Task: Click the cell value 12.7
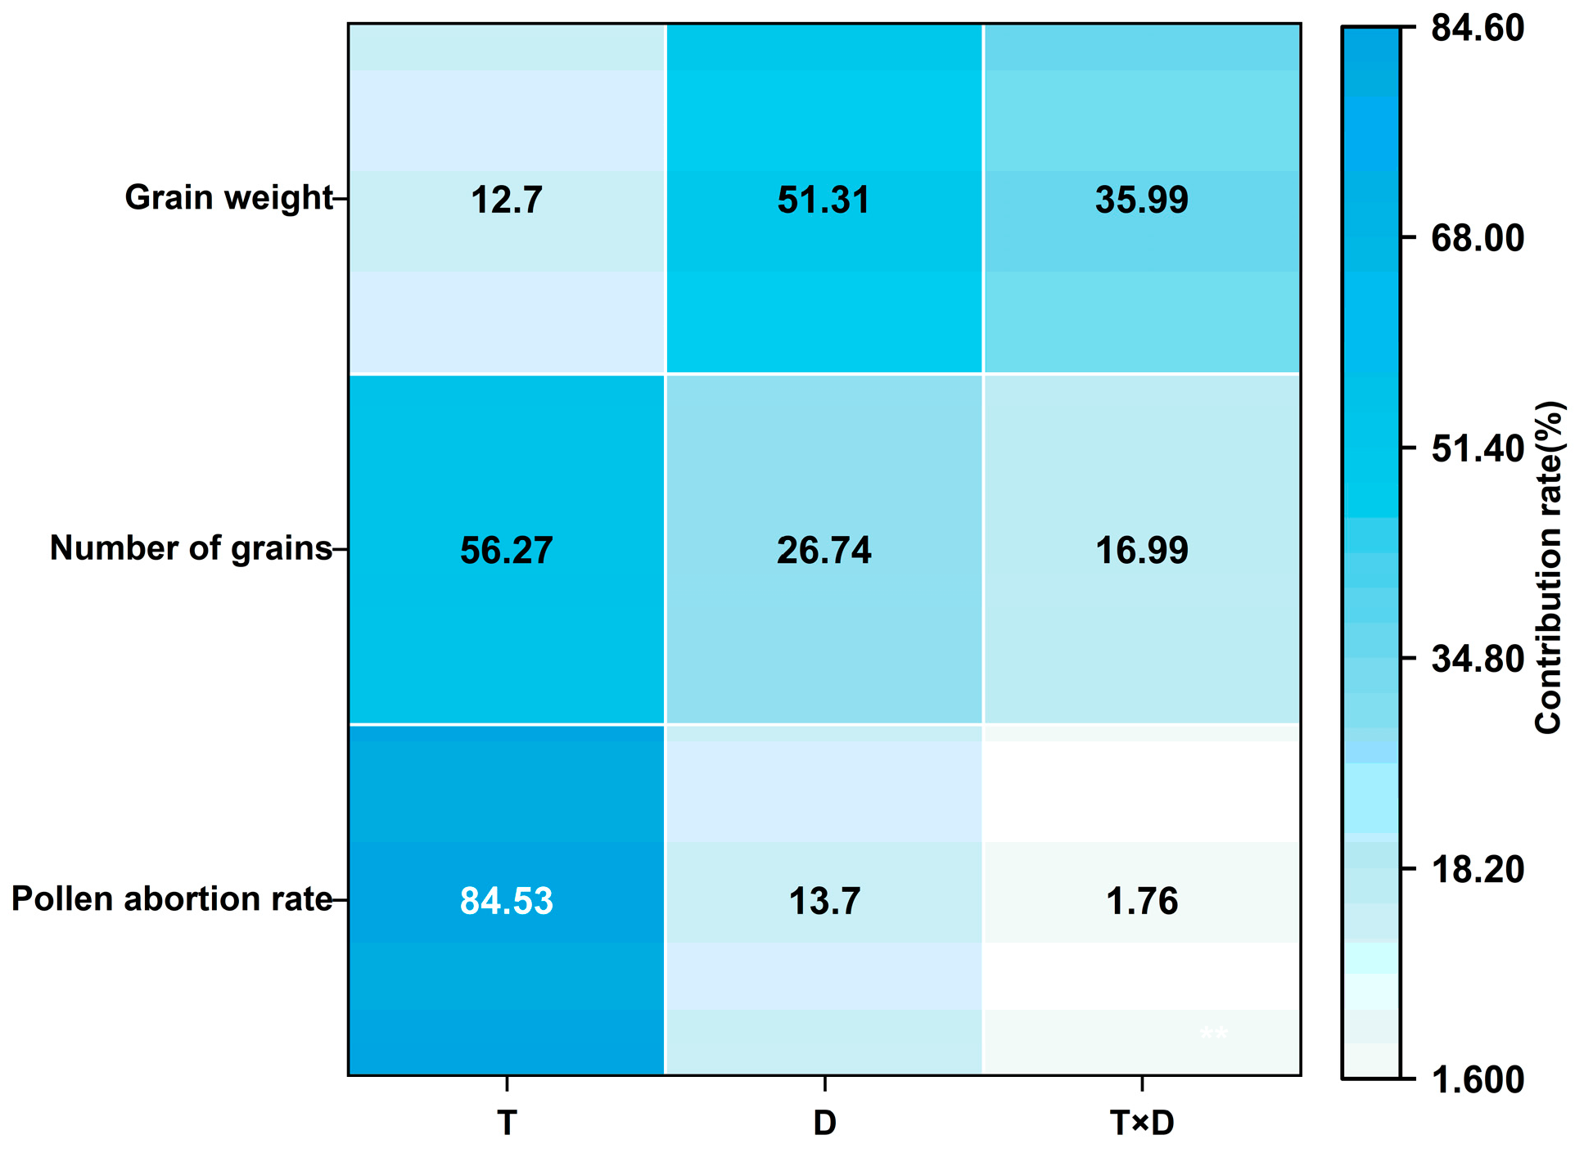pyautogui.click(x=506, y=200)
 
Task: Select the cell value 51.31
pyautogui.click(x=824, y=200)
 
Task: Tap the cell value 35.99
pyautogui.click(x=1141, y=200)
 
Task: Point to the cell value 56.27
pyautogui.click(x=506, y=550)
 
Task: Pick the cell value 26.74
pyautogui.click(x=824, y=550)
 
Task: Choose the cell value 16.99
pyautogui.click(x=1141, y=550)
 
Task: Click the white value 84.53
pyautogui.click(x=506, y=901)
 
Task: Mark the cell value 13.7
pyautogui.click(x=824, y=901)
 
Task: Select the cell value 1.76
pyautogui.click(x=1141, y=901)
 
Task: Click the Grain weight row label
pyautogui.click(x=228, y=198)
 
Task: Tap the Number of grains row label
pyautogui.click(x=191, y=548)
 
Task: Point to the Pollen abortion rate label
pyautogui.click(x=172, y=899)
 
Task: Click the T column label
pyautogui.click(x=506, y=1124)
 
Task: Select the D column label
pyautogui.click(x=824, y=1124)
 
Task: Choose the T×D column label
pyautogui.click(x=1142, y=1124)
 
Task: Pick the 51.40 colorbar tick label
pyautogui.click(x=1477, y=448)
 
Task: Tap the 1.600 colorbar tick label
pyautogui.click(x=1477, y=1080)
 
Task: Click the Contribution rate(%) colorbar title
pyautogui.click(x=1548, y=566)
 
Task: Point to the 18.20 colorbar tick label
pyautogui.click(x=1477, y=869)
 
